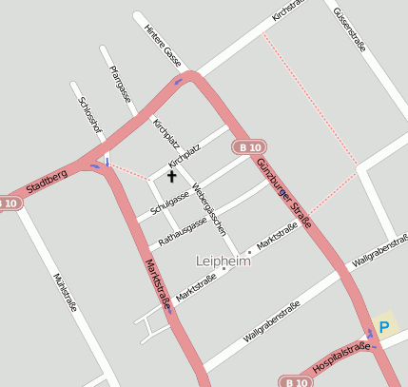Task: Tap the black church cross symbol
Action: (172, 176)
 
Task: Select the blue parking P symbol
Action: (384, 327)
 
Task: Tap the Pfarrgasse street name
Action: (120, 87)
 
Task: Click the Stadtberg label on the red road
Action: (47, 181)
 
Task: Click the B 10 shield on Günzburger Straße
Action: (250, 147)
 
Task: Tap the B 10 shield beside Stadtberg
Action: (8, 203)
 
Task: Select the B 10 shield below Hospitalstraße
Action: (296, 380)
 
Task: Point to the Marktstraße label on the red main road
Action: (157, 282)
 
